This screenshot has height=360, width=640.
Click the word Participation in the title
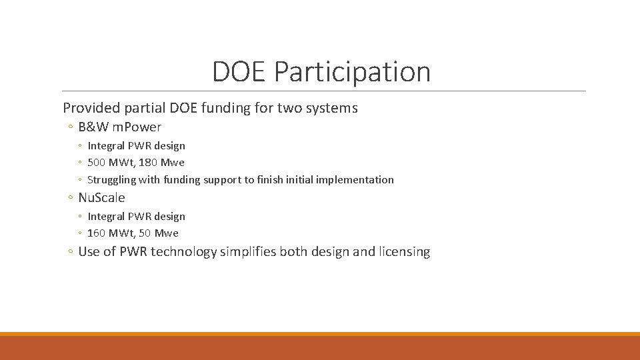(x=352, y=72)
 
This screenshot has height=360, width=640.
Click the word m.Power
(x=138, y=127)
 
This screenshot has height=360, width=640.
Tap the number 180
(x=149, y=163)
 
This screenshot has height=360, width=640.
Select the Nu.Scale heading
(x=101, y=198)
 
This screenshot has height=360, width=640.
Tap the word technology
(x=184, y=252)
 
